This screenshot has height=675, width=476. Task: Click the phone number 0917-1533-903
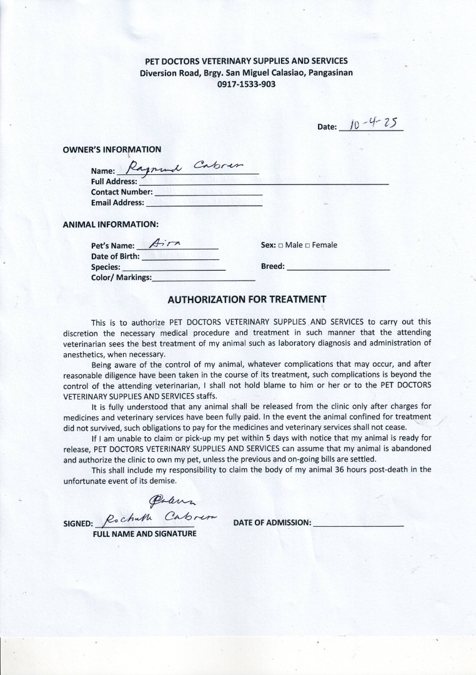[246, 84]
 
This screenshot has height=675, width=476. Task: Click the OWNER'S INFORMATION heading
[112, 149]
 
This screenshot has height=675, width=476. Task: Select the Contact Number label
[122, 192]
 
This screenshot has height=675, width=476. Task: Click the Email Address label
[117, 202]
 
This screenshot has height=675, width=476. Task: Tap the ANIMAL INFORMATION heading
[111, 224]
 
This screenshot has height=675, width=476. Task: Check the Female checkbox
[307, 246]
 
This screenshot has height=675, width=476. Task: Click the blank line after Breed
[338, 268]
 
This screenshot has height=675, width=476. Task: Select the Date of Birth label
[116, 256]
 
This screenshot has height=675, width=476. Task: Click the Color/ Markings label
[121, 277]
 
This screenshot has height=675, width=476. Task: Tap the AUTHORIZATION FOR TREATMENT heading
[247, 299]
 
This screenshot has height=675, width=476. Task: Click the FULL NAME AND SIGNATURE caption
[144, 534]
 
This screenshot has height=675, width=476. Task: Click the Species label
[106, 267]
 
